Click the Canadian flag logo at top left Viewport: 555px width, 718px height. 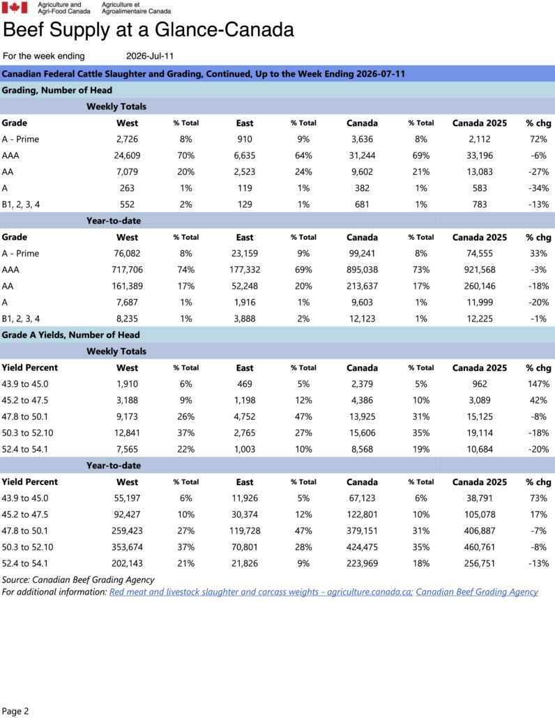tap(15, 8)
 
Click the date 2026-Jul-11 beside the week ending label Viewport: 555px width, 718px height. tap(150, 56)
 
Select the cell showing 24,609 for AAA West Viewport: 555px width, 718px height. tap(127, 155)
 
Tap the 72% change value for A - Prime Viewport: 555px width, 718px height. tap(538, 139)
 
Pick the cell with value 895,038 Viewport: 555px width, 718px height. tap(362, 270)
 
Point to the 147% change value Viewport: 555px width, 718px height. tap(538, 384)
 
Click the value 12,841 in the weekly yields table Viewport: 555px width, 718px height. tap(127, 433)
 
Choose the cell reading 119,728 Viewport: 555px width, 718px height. tap(245, 531)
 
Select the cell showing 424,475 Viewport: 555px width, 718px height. tap(362, 547)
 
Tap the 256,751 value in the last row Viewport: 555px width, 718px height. tap(480, 564)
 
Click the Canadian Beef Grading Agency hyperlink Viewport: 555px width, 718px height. tap(477, 592)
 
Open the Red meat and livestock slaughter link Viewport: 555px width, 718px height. tap(261, 592)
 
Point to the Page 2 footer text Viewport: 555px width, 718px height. tap(15, 711)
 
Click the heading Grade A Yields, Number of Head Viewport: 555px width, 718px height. tap(70, 335)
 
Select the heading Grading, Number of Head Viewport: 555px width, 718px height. tap(56, 90)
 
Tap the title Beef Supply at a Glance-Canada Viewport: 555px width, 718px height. tap(149, 30)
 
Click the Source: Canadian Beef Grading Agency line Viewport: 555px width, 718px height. tap(78, 580)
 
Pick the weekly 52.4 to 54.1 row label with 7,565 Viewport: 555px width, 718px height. tap(24, 449)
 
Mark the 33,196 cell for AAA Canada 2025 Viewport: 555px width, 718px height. tap(480, 155)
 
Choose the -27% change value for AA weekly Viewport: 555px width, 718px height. tap(538, 171)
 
